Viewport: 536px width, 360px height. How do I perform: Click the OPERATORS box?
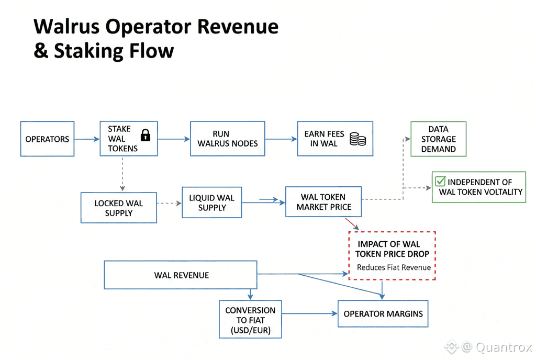[x=47, y=139]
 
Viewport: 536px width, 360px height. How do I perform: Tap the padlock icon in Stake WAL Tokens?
[x=146, y=136]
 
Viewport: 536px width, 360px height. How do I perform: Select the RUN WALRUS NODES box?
[x=227, y=139]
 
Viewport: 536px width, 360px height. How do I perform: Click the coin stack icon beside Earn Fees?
[x=358, y=139]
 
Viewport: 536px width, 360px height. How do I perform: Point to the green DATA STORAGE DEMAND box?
[x=438, y=139]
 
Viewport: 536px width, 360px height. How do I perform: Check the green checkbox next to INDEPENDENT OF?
[x=441, y=182]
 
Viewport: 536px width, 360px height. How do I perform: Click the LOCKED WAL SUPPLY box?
[x=118, y=208]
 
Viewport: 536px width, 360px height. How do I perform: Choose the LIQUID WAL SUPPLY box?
[x=211, y=203]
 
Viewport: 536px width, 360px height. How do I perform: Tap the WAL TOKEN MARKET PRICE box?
[x=323, y=202]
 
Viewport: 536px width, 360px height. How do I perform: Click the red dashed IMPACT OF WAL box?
[x=392, y=255]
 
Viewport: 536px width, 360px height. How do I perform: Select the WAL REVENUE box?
[x=181, y=275]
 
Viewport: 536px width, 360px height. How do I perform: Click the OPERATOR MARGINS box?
[x=383, y=314]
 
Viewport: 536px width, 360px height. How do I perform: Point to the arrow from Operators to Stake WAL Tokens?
[x=87, y=139]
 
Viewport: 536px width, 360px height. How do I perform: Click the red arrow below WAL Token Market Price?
[x=352, y=224]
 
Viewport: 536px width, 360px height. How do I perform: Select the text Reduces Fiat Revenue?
[x=394, y=267]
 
